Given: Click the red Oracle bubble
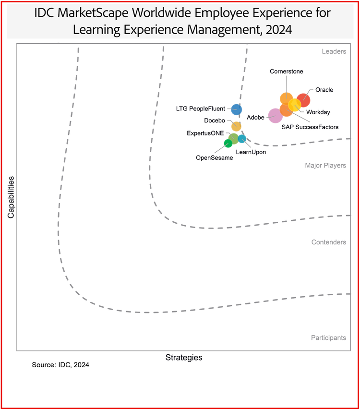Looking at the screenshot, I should [x=303, y=101].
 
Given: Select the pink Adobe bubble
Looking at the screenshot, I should [x=275, y=116].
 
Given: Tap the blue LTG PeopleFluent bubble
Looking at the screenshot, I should [x=236, y=109].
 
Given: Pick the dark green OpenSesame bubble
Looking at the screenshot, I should [x=228, y=143].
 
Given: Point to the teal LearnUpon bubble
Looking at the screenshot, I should [x=242, y=139].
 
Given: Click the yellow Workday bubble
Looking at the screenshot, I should [x=295, y=104].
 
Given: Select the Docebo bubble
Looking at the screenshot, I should [x=236, y=126].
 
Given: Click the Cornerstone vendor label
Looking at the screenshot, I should [x=286, y=72].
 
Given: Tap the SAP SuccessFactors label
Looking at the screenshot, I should [x=310, y=127].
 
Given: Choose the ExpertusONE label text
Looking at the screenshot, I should [x=205, y=133].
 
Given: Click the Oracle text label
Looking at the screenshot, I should [x=324, y=90].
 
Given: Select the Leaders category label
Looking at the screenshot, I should [x=334, y=51].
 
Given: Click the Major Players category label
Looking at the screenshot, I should [x=325, y=166].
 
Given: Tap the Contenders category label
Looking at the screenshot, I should [x=329, y=242].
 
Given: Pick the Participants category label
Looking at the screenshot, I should [x=328, y=338].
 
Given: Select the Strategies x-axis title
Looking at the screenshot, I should [x=184, y=358].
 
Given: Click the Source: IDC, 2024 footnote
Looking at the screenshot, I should [x=60, y=365].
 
